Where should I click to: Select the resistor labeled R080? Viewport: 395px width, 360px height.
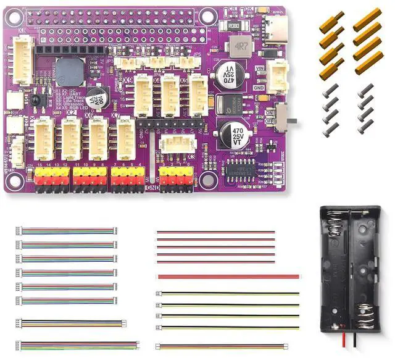tap(233, 26)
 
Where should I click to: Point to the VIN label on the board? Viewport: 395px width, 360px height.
tap(260, 68)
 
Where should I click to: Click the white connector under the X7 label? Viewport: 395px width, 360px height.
tap(126, 138)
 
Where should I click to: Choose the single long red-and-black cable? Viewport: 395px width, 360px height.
tap(228, 277)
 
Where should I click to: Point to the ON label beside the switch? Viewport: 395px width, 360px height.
tap(270, 112)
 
